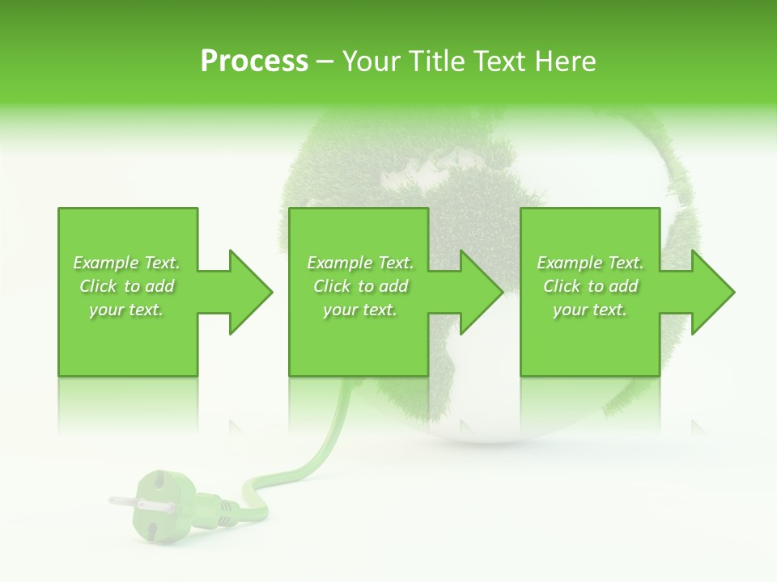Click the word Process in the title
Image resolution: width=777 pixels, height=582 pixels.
click(x=254, y=61)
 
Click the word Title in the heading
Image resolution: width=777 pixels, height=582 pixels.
click(x=435, y=61)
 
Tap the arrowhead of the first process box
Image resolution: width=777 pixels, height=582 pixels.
click(x=251, y=292)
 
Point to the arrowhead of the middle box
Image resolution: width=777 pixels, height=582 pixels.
click(x=482, y=292)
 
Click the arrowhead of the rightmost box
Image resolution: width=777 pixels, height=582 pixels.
click(x=713, y=292)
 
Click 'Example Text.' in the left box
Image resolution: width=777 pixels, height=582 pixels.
click(x=127, y=263)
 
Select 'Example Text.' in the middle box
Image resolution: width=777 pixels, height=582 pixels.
click(x=360, y=263)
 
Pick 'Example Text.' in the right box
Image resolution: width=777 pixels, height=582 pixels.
click(x=590, y=263)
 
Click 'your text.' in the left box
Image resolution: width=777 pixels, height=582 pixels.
click(x=127, y=310)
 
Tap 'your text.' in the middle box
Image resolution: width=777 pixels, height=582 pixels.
click(x=360, y=310)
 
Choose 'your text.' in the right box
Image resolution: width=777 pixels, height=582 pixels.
click(x=590, y=310)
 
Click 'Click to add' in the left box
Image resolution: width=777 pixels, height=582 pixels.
click(x=127, y=286)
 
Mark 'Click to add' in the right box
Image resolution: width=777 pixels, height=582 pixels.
click(x=590, y=286)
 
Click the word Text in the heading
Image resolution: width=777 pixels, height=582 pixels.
click(x=502, y=61)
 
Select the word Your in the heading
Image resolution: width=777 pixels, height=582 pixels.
click(x=370, y=61)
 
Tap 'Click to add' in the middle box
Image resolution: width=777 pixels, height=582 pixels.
click(x=360, y=286)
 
